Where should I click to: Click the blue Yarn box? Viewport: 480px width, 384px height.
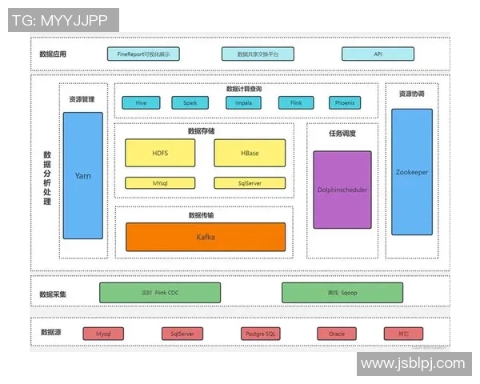point(83,175)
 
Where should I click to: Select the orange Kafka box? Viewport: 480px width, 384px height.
point(206,237)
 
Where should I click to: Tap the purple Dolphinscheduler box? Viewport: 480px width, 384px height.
point(342,190)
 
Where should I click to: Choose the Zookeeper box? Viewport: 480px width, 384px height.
point(412,171)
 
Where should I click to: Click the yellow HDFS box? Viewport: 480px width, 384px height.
point(160,153)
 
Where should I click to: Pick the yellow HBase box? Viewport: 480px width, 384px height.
point(250,153)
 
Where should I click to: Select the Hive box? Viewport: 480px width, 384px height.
point(141,103)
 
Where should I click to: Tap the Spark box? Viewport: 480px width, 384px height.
point(190,103)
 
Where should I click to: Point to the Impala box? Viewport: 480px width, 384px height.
point(242,103)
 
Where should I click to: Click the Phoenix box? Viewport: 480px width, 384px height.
point(345,103)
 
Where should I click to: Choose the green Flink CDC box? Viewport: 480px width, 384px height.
point(159,293)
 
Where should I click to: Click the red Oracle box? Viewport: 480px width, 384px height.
point(336,334)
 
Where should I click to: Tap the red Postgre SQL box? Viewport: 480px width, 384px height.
point(260,334)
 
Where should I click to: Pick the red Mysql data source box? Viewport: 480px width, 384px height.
point(104,334)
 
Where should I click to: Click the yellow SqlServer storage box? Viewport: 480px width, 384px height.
point(250,183)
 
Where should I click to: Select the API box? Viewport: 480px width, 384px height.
point(378,54)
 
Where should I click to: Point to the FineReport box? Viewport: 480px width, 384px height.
point(143,54)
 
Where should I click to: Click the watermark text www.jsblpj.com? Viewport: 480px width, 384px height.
point(413,364)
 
